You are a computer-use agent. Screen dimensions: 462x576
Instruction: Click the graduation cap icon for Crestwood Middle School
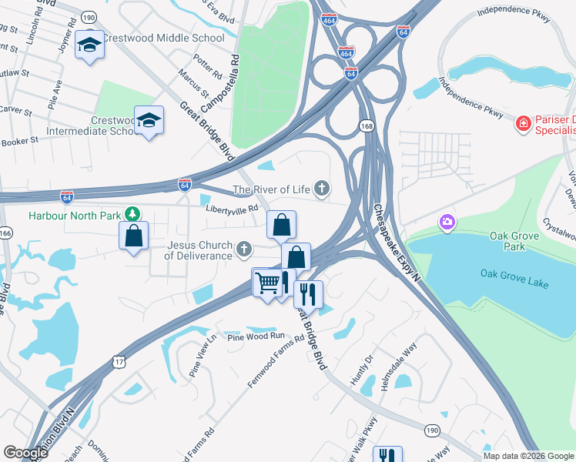point(89,47)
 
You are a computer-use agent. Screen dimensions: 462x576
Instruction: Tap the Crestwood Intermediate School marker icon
point(149,120)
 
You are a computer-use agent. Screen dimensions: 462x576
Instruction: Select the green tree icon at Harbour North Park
point(133,213)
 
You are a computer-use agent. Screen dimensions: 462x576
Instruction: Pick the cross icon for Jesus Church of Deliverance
point(244,248)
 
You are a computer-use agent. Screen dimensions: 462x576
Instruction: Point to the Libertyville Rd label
point(231,209)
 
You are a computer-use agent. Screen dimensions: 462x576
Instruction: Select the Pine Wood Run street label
point(256,336)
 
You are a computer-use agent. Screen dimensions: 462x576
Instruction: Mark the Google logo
point(25,452)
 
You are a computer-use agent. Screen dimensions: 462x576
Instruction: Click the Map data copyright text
point(528,456)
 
